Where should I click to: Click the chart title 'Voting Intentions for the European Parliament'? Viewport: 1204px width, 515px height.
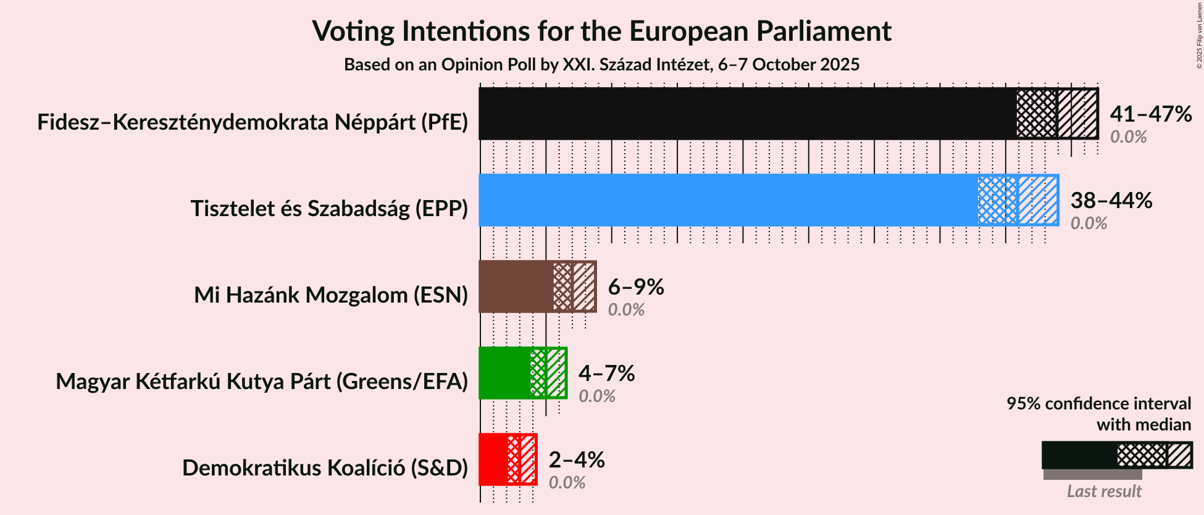pos(601,31)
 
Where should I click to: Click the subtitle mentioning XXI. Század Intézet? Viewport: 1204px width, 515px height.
pos(601,64)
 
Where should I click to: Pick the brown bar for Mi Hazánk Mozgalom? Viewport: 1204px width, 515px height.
pos(516,287)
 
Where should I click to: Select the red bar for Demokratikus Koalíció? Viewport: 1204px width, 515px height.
pos(493,459)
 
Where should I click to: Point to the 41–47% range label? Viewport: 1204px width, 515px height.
pos(1150,114)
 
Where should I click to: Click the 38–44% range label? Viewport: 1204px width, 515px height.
pos(1111,201)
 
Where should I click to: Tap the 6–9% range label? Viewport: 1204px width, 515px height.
pos(635,287)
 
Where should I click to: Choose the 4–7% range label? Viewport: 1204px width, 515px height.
pos(606,374)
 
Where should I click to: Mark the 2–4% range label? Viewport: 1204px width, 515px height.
pos(576,460)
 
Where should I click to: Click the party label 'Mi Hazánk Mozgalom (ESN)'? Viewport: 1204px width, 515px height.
pos(331,295)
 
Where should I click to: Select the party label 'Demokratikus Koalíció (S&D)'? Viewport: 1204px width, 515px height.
pos(325,468)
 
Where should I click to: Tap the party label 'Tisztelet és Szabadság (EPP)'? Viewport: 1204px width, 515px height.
pos(329,209)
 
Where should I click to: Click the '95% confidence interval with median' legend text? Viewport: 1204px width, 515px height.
pos(1098,414)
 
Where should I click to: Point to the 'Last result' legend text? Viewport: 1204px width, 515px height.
pos(1104,492)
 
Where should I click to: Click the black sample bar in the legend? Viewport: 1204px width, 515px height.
pos(1079,455)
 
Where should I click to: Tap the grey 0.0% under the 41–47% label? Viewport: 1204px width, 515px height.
pos(1128,137)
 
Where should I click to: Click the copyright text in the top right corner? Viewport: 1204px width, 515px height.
pos(1199,35)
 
